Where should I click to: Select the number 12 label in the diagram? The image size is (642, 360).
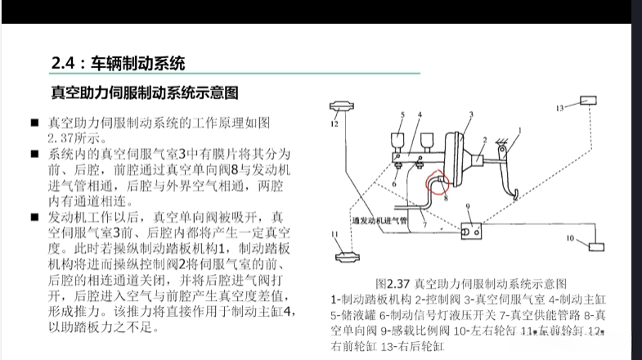point(334,125)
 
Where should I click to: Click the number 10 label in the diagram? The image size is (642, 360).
point(570,239)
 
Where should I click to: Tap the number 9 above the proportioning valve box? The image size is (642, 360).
point(468,207)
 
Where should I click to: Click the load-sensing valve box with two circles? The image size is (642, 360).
point(472,230)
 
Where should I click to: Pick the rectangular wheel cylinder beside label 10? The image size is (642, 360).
point(595,245)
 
